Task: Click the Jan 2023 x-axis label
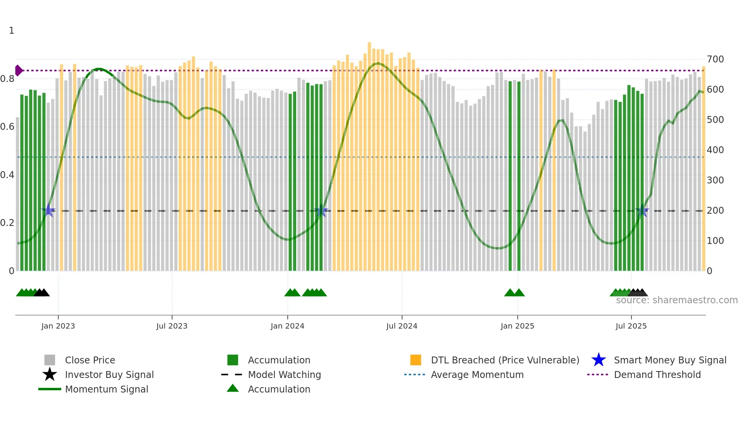58,326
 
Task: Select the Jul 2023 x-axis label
172,326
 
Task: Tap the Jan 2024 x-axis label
287,326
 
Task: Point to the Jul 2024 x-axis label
402,326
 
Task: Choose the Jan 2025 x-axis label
517,326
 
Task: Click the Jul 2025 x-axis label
631,326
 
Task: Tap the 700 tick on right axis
715,59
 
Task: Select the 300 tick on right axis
715,180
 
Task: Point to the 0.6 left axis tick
7,127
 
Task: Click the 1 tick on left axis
11,31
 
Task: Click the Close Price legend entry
90,360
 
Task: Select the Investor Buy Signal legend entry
109,375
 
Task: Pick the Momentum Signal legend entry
106,389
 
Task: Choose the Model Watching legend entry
284,375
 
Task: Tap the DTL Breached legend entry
505,360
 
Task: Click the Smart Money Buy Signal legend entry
670,360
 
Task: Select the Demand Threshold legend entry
657,375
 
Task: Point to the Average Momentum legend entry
477,375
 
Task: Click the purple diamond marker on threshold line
18,70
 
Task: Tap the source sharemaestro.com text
677,300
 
